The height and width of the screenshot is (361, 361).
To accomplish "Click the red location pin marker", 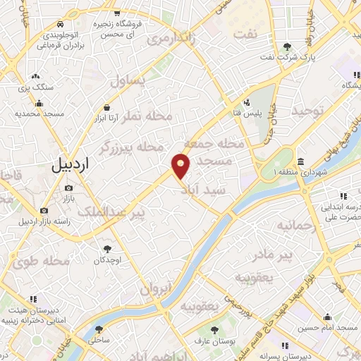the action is click(181, 166).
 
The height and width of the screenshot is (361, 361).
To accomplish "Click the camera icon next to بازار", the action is click(68, 188).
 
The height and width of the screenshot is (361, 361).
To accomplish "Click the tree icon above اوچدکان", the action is click(107, 248).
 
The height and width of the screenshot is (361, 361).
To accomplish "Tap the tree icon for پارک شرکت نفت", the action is click(286, 47).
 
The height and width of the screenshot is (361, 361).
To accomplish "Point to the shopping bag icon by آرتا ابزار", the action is click(106, 107).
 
